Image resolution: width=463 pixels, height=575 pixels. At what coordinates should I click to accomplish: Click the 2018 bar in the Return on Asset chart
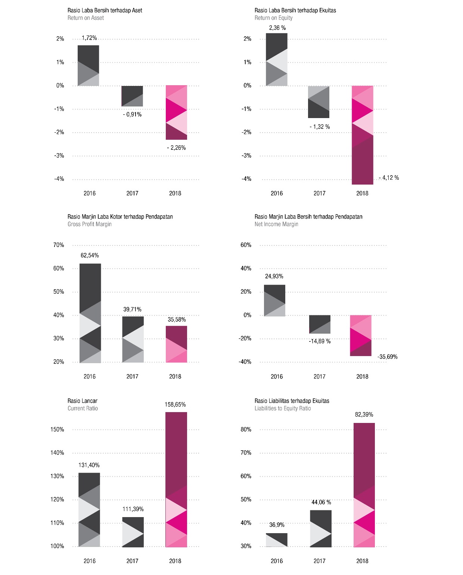point(176,112)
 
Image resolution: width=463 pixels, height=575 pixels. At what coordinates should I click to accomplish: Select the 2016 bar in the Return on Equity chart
point(277,59)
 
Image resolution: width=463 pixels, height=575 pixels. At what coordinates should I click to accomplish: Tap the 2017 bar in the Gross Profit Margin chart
point(133,339)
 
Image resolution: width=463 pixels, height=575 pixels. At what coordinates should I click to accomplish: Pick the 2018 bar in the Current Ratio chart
point(176,479)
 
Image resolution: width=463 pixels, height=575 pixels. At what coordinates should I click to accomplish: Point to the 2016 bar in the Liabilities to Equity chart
point(277,540)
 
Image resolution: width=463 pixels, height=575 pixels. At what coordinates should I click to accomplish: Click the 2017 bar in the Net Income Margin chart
point(320,324)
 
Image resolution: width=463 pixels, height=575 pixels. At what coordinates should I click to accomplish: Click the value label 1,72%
point(89,38)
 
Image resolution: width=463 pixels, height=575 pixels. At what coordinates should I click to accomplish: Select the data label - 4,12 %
point(389,178)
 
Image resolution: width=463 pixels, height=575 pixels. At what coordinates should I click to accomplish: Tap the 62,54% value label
point(90,256)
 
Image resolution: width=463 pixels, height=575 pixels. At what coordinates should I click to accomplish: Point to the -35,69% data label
point(387,357)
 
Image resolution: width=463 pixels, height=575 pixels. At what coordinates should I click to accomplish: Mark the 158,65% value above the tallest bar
point(175,405)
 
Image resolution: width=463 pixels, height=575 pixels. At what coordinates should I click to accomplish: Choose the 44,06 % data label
point(321,503)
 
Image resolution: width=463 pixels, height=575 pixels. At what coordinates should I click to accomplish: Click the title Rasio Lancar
point(82,401)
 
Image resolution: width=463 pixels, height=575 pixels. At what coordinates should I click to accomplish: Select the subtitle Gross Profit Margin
point(90,224)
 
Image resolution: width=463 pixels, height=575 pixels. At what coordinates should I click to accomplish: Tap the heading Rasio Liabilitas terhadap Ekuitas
point(292,401)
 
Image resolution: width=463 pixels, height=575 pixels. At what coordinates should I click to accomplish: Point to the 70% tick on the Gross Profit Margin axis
point(59,245)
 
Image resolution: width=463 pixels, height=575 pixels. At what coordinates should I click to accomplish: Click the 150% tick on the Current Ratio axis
point(57,430)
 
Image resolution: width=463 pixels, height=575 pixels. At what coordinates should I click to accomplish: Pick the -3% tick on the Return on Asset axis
point(59,156)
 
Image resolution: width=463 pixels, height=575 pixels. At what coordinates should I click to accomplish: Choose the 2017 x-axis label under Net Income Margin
point(319,377)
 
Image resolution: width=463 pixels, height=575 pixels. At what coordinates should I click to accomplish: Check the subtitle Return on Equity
point(273,18)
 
